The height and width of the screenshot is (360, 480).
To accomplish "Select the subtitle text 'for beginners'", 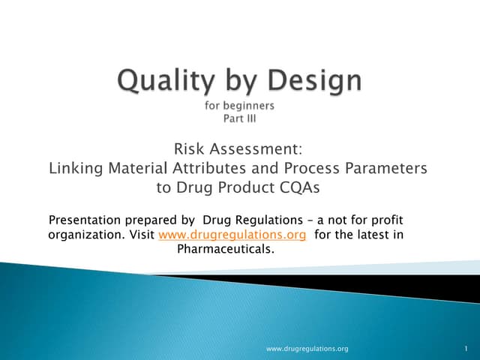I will (x=239, y=105).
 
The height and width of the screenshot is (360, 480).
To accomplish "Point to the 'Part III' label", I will (x=239, y=118).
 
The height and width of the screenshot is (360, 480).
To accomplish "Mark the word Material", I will (x=139, y=169).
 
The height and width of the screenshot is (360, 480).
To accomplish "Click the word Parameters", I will (x=383, y=169).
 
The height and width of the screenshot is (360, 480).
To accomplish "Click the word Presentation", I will (x=84, y=220).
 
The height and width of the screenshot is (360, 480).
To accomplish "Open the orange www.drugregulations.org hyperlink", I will (x=233, y=235).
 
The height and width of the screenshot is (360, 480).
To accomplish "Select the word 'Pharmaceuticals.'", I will (x=225, y=249).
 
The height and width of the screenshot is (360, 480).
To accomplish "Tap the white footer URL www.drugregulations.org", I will (x=308, y=349).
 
